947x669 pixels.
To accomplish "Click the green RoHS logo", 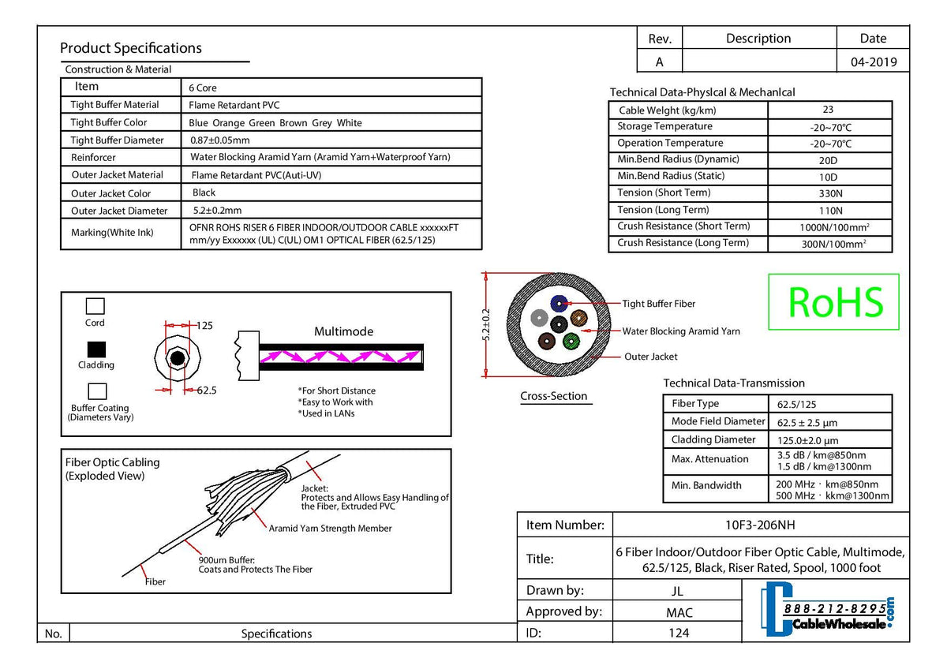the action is [x=833, y=301].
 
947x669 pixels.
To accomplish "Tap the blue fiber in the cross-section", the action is [x=559, y=303].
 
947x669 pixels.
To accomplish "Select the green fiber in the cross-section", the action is [x=571, y=341].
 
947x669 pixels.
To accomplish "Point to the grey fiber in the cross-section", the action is [x=539, y=318].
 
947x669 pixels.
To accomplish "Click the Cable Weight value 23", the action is [x=828, y=110].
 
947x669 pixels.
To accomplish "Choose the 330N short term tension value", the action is [x=830, y=193].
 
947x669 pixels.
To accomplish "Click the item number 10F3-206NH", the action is [x=760, y=525].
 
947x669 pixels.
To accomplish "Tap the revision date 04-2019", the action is [x=874, y=62].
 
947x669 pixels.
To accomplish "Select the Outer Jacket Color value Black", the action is [x=204, y=192].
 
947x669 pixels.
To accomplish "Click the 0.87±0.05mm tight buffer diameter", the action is [x=220, y=140].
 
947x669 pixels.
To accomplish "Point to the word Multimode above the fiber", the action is [x=343, y=331].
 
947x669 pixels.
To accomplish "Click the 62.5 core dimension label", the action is [x=207, y=390].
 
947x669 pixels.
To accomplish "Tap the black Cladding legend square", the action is [x=96, y=349].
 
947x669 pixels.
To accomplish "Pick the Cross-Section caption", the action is [x=553, y=396].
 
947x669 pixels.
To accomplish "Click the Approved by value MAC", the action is [x=679, y=612].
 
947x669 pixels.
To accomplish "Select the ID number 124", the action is [x=679, y=633].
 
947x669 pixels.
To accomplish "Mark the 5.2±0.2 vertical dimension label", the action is [x=486, y=324].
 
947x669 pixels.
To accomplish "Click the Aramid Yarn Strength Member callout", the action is [x=330, y=529].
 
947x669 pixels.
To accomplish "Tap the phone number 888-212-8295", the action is [x=835, y=608].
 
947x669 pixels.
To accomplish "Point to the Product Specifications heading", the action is [x=131, y=48].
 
